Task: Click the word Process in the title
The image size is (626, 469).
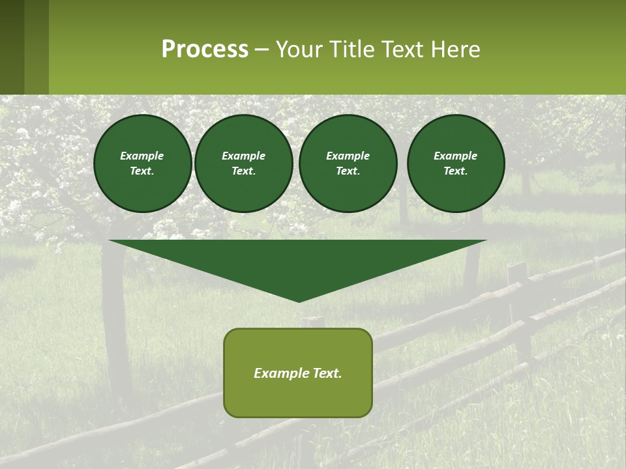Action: click(x=205, y=50)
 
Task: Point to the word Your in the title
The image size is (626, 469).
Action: click(x=297, y=50)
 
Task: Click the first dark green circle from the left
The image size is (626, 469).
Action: click(x=142, y=163)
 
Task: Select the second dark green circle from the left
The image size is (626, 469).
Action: click(x=244, y=163)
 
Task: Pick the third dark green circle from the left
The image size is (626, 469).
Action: click(x=348, y=163)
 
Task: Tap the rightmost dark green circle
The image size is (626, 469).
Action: click(x=456, y=163)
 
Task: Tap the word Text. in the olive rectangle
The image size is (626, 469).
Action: click(x=327, y=373)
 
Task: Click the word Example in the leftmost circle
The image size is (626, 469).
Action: click(x=142, y=156)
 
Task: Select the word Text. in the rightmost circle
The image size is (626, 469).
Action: click(x=456, y=171)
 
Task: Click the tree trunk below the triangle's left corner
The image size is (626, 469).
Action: click(x=116, y=326)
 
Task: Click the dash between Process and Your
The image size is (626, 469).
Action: click(x=262, y=50)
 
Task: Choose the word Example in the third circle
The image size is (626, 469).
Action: click(x=348, y=156)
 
